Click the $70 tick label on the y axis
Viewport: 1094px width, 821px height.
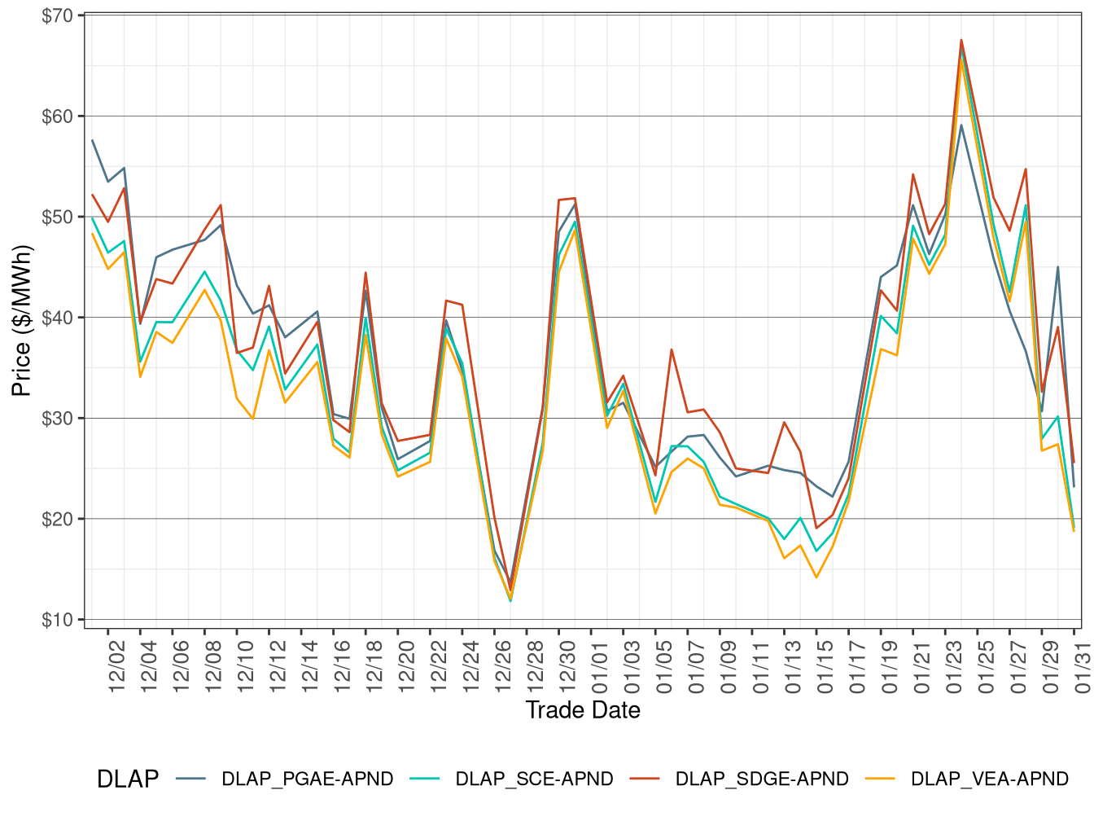(57, 15)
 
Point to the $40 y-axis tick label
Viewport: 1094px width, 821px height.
(57, 318)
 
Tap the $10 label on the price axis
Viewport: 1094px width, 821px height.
(57, 620)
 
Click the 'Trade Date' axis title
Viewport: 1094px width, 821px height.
(583, 710)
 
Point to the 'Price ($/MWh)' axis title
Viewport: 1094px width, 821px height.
(22, 320)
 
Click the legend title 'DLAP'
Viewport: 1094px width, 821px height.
(128, 779)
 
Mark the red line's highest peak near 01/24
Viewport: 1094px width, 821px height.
(961, 40)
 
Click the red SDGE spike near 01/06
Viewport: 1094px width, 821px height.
(672, 349)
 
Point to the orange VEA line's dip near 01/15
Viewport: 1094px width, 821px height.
(816, 577)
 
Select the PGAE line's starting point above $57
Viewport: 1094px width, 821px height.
(92, 140)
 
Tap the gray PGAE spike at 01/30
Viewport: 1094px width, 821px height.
(1058, 267)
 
